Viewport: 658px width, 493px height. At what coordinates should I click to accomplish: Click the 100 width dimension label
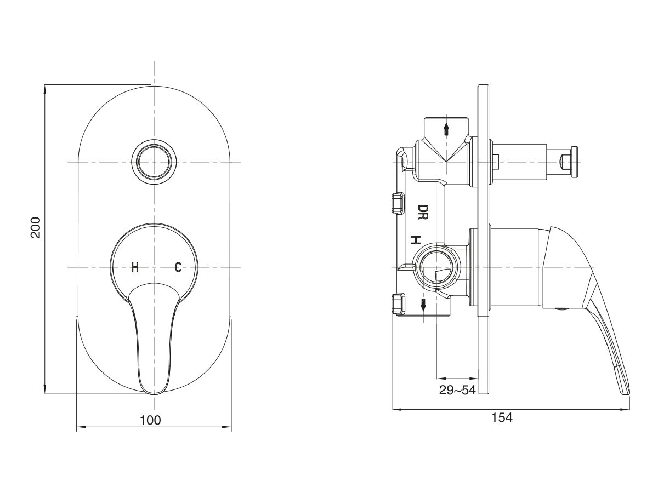coord(151,420)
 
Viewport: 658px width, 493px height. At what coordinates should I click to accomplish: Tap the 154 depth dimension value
coord(501,417)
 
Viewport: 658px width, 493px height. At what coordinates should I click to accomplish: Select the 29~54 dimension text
coord(457,389)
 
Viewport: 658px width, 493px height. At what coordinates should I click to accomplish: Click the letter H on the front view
coord(134,267)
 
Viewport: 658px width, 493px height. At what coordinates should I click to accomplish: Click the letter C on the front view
coord(178,267)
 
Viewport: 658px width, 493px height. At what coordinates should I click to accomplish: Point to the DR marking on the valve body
coord(423,211)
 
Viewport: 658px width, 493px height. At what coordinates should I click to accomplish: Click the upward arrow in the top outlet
coord(447,128)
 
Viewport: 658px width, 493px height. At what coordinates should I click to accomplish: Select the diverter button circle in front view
coord(155,162)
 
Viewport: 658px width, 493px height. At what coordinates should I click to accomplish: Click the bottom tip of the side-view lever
coord(626,390)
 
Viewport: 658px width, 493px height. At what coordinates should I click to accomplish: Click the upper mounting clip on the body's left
coord(396,203)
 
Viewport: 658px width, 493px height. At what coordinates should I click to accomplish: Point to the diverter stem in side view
coord(521,162)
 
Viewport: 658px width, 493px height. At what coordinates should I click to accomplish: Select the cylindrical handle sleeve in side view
coord(515,267)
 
